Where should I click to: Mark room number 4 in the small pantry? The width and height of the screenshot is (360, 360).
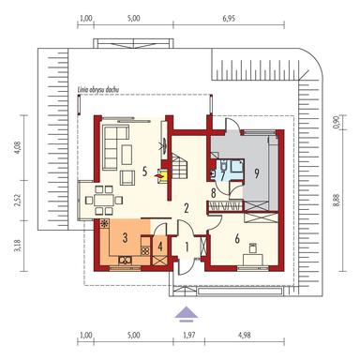(x=160, y=248)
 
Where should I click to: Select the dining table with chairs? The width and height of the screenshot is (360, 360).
(x=106, y=199)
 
